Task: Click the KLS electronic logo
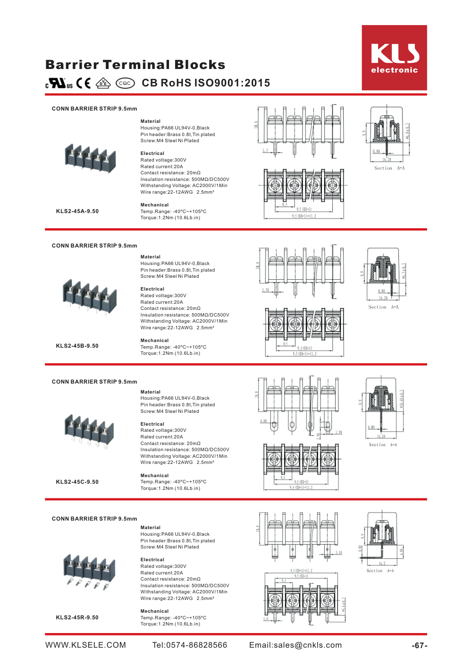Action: tap(394, 58)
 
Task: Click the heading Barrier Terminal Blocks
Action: tap(135, 65)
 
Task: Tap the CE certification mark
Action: tap(84, 83)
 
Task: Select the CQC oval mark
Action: tap(125, 83)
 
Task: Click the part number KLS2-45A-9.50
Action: tap(77, 211)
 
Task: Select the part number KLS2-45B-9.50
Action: tap(77, 346)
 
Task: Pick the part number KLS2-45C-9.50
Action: tap(77, 482)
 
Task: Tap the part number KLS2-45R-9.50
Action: tap(77, 617)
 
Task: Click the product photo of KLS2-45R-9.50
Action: tap(89, 571)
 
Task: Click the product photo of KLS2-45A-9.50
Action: tap(90, 159)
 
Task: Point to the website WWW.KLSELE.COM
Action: tap(86, 645)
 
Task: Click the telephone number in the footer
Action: tap(190, 645)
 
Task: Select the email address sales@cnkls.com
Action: tap(295, 645)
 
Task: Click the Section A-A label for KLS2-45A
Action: tap(389, 168)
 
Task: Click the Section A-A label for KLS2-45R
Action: tap(380, 571)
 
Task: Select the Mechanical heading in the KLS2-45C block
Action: tap(154, 476)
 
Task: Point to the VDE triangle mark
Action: tap(103, 83)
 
